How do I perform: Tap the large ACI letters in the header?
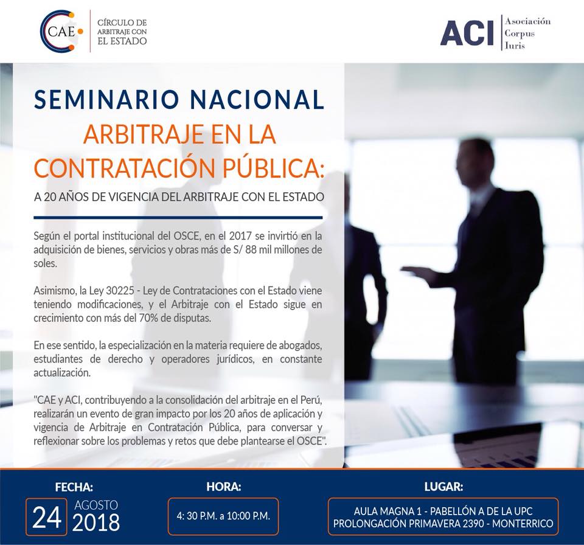(x=467, y=33)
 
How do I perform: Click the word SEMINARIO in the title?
(x=106, y=100)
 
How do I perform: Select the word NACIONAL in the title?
(x=257, y=100)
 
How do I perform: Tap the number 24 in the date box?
(x=47, y=518)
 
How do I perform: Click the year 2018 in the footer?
(x=96, y=522)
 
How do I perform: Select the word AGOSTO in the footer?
(x=96, y=505)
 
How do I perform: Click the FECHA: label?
(x=74, y=487)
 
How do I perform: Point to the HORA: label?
(x=224, y=487)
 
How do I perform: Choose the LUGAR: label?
(x=443, y=487)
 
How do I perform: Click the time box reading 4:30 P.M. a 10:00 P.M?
(x=223, y=516)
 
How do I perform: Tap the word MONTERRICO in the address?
(x=523, y=523)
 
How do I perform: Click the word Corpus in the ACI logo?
(x=520, y=33)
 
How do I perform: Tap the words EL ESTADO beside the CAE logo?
(x=122, y=41)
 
